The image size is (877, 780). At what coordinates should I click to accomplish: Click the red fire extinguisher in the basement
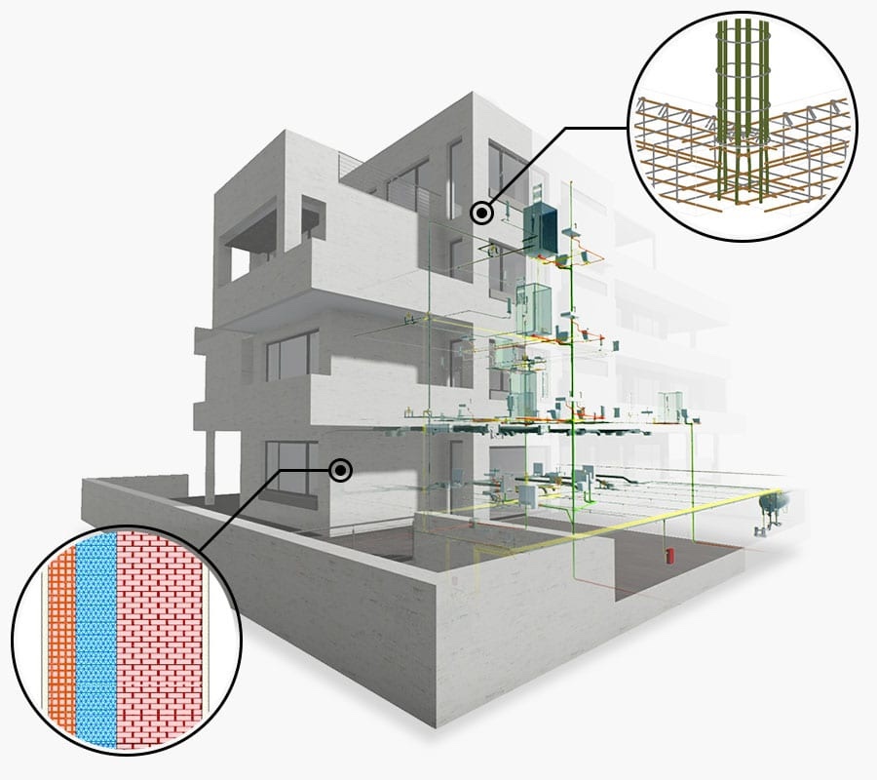pos(668,557)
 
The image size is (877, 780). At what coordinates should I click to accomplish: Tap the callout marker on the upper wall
pos(480,212)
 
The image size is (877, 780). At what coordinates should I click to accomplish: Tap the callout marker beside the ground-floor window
pos(340,471)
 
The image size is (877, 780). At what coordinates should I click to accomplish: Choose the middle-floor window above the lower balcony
pos(291,354)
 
